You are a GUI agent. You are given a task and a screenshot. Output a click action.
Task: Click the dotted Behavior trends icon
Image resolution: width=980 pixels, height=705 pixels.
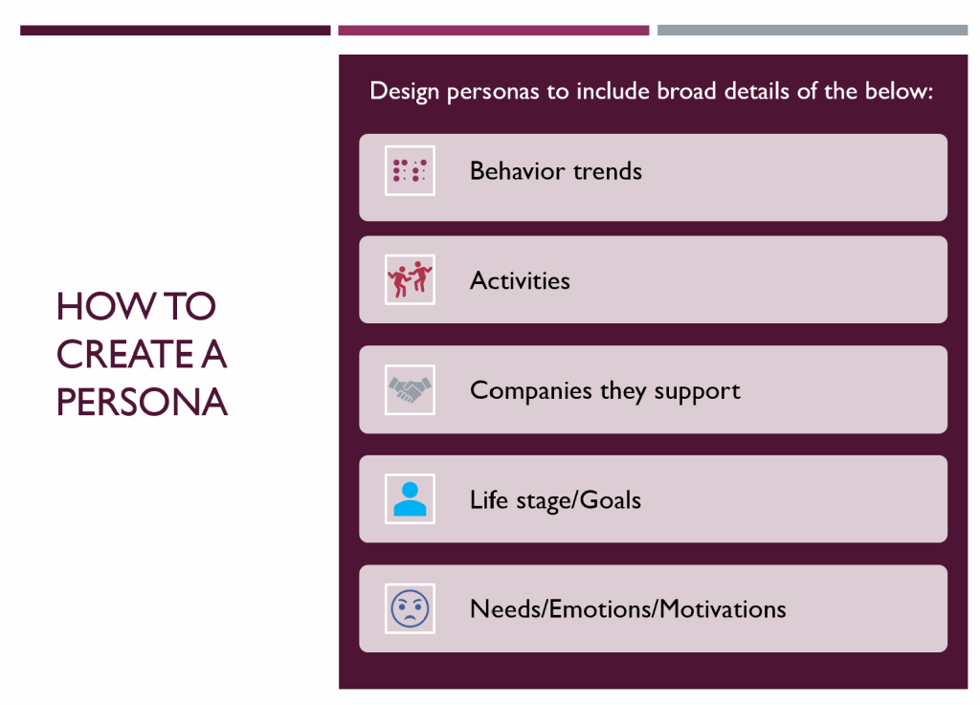point(410,170)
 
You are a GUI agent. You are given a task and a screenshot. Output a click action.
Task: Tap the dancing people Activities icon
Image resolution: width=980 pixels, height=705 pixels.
point(410,279)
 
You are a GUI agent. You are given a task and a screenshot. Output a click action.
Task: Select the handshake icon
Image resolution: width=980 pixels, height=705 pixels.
point(410,389)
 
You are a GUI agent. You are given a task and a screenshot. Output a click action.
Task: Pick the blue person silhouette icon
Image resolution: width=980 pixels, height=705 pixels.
point(410,499)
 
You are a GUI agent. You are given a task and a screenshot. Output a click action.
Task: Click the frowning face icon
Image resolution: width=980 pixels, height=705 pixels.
point(410,608)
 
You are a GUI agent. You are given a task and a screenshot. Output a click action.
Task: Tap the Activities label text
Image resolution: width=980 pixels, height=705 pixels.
point(520,280)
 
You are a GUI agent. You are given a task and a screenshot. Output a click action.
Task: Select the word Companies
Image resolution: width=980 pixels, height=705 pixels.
point(530,391)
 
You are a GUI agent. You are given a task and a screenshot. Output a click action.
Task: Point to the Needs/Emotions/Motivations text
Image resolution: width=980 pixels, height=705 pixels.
point(628,609)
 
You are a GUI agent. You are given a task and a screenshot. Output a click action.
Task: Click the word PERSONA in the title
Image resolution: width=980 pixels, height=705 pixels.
point(142,402)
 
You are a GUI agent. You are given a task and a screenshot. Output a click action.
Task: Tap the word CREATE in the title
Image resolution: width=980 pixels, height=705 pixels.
point(125,354)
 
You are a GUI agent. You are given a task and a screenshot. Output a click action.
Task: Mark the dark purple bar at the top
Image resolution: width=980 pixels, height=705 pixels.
point(175,30)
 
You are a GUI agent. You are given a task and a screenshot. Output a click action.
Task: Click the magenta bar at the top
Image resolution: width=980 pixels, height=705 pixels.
point(494,30)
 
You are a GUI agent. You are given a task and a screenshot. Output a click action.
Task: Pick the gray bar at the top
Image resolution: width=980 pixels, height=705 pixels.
point(813,30)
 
